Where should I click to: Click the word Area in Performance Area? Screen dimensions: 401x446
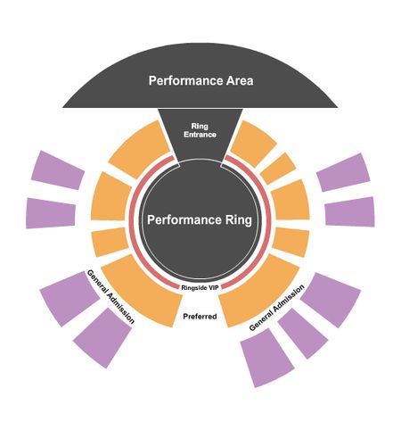pyautogui.click(x=240, y=80)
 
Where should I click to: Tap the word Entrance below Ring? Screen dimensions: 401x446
pyautogui.click(x=200, y=135)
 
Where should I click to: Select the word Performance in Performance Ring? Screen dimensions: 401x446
pyautogui.click(x=184, y=220)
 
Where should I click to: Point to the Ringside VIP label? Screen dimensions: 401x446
pyautogui.click(x=200, y=288)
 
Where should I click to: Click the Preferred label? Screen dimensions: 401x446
pyautogui.click(x=200, y=317)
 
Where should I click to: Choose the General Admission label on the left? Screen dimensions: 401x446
pyautogui.click(x=110, y=296)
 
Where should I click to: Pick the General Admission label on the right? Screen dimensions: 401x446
pyautogui.click(x=277, y=308)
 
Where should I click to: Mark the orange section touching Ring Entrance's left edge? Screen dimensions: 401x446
pyautogui.click(x=140, y=149)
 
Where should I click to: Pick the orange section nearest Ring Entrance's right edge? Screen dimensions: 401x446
pyautogui.click(x=252, y=143)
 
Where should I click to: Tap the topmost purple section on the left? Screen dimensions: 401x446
pyautogui.click(x=58, y=170)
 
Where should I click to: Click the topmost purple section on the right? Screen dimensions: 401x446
pyautogui.click(x=344, y=172)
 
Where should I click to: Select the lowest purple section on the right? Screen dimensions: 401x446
pyautogui.click(x=266, y=358)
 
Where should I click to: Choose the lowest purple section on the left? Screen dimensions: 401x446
pyautogui.click(x=102, y=338)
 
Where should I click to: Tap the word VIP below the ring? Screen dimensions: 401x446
pyautogui.click(x=214, y=288)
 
